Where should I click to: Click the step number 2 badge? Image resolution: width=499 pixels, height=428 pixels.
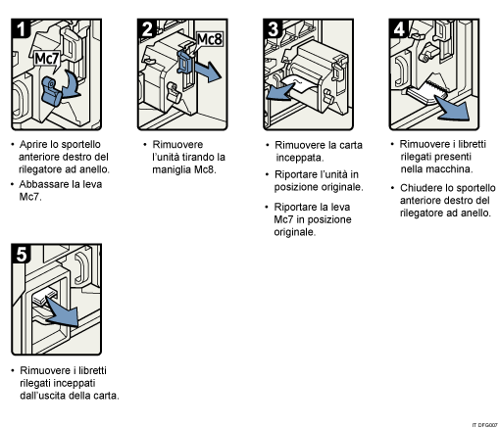(147, 27)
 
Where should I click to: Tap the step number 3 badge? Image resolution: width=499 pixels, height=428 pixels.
(274, 27)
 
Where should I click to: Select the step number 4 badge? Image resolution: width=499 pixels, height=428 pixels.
(400, 27)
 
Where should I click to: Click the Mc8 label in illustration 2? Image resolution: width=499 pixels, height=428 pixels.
(209, 39)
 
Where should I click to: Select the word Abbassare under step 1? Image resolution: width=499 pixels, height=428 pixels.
(46, 182)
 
